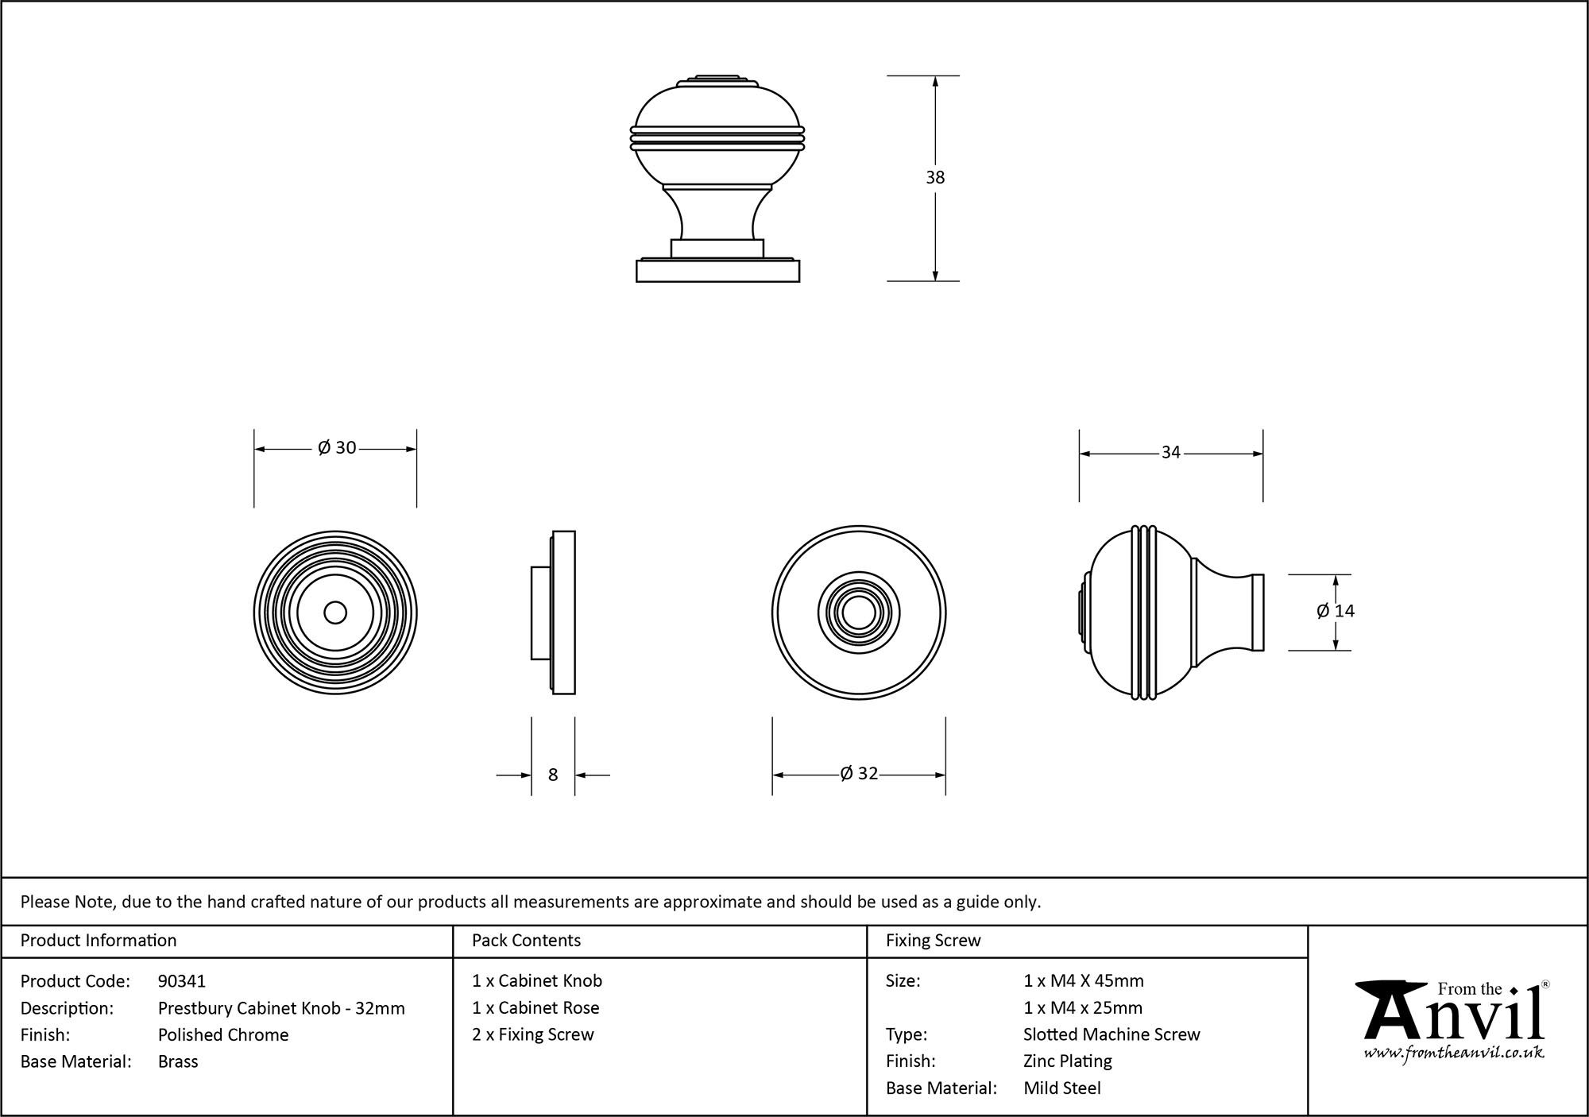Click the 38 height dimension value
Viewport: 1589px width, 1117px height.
click(x=935, y=177)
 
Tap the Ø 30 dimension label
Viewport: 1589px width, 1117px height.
click(x=337, y=448)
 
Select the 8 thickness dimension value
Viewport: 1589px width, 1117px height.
click(x=553, y=775)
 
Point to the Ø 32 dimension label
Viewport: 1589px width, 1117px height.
click(x=859, y=774)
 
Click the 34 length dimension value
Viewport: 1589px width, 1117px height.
click(x=1170, y=453)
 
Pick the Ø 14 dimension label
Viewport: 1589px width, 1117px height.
click(x=1335, y=611)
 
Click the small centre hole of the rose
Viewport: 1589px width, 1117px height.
click(x=335, y=613)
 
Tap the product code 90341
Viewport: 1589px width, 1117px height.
click(x=182, y=981)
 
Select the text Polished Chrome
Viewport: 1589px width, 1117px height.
click(x=223, y=1034)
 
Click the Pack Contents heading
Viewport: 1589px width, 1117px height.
click(x=526, y=941)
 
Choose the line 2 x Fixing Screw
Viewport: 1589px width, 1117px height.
click(x=533, y=1034)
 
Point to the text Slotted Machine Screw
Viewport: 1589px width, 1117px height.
click(x=1112, y=1034)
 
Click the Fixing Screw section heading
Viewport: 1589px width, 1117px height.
click(x=933, y=941)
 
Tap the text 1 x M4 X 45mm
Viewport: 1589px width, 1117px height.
click(x=1084, y=981)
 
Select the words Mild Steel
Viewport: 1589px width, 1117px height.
click(x=1062, y=1088)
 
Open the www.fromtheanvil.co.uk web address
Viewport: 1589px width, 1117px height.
click(x=1454, y=1053)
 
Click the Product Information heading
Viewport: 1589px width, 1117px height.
click(x=99, y=941)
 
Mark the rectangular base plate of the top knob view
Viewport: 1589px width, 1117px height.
click(x=717, y=271)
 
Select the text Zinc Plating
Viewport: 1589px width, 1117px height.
click(x=1068, y=1061)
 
